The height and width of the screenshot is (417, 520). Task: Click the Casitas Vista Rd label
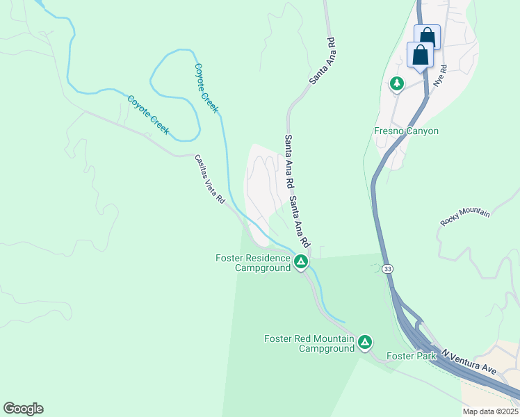point(209,179)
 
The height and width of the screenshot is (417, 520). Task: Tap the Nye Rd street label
point(439,76)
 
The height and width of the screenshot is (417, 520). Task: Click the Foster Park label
point(411,357)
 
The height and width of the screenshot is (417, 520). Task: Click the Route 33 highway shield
point(387,268)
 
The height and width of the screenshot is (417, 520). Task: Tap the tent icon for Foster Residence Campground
point(301,262)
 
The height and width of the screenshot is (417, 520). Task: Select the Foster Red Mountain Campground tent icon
point(365,342)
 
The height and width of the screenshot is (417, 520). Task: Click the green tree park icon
point(397,84)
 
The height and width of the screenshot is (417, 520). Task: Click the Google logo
point(23,409)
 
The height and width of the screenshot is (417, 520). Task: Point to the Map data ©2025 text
point(490,411)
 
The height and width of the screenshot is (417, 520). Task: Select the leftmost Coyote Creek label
point(148,115)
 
